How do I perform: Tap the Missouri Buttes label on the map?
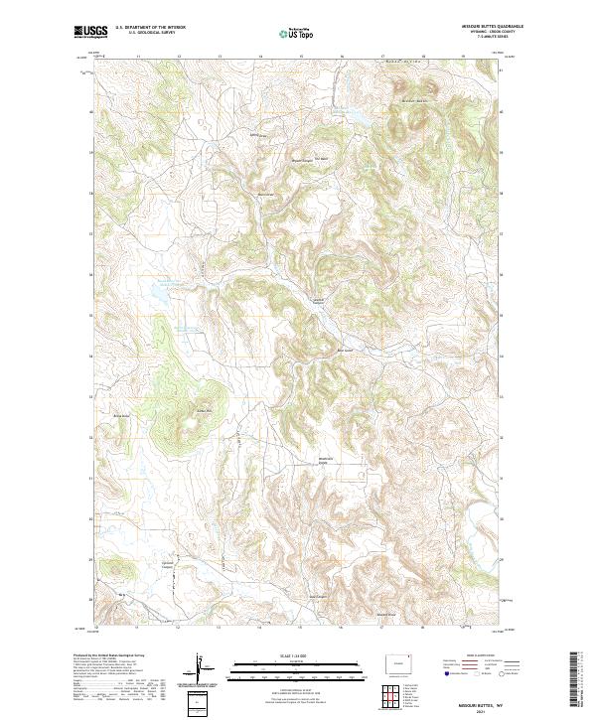418,100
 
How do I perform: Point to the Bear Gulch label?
347,349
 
